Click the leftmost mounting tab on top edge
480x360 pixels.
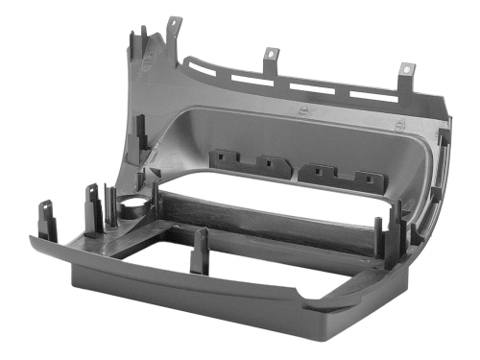(x=174, y=24)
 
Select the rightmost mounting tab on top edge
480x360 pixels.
(x=407, y=72)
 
